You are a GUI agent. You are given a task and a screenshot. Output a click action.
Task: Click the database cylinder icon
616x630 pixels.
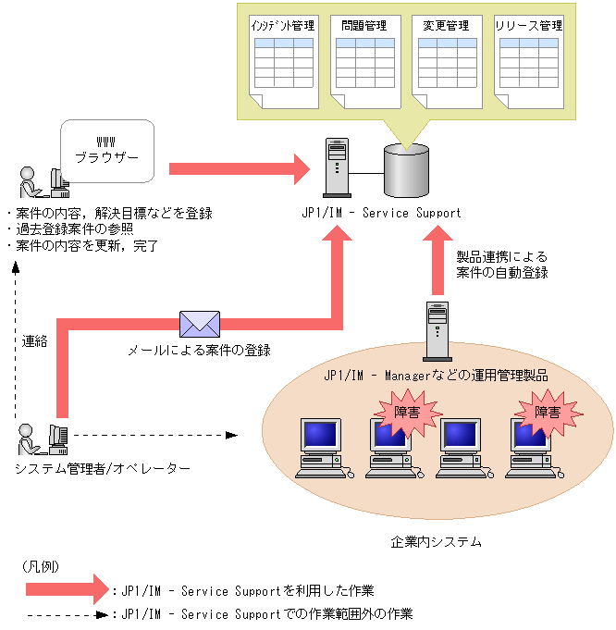click(x=407, y=170)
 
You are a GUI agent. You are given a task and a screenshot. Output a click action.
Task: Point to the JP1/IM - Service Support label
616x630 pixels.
click(x=381, y=214)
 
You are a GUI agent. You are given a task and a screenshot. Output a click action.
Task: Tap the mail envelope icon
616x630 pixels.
click(x=200, y=324)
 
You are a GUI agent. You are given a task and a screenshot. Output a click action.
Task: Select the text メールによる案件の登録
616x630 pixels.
click(x=199, y=351)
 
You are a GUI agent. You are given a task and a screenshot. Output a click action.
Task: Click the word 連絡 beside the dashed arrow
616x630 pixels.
click(x=34, y=340)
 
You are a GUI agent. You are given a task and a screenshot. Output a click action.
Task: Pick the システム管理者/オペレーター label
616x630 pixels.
click(x=103, y=469)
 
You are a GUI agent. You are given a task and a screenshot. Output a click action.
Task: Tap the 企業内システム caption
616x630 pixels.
click(x=437, y=541)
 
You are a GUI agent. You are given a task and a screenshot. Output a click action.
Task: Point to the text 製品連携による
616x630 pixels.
click(x=502, y=256)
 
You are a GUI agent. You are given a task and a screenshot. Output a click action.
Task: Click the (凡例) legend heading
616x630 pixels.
click(x=41, y=565)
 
